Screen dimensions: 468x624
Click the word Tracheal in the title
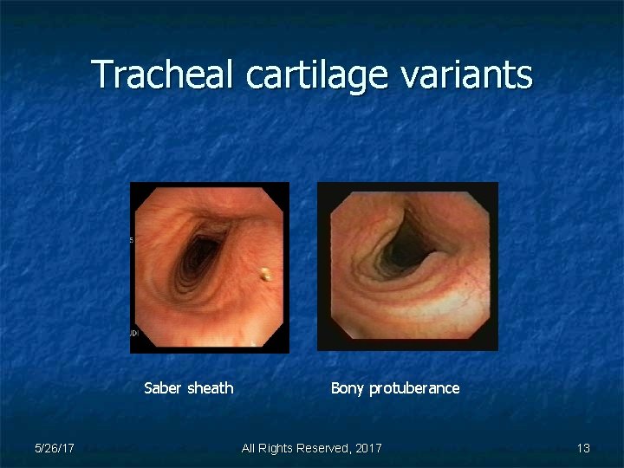tap(164, 75)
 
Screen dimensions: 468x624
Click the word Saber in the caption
tap(163, 388)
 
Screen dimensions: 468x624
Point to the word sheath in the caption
tap(211, 388)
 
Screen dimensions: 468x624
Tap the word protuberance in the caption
tap(414, 388)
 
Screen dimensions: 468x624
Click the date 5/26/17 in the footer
tap(54, 448)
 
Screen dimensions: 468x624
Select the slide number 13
tap(583, 448)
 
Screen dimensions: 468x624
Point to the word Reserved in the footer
tap(321, 448)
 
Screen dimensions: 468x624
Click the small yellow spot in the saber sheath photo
tap(264, 276)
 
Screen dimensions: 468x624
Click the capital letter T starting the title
tap(102, 75)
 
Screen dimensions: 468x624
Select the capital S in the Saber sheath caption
tap(148, 388)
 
